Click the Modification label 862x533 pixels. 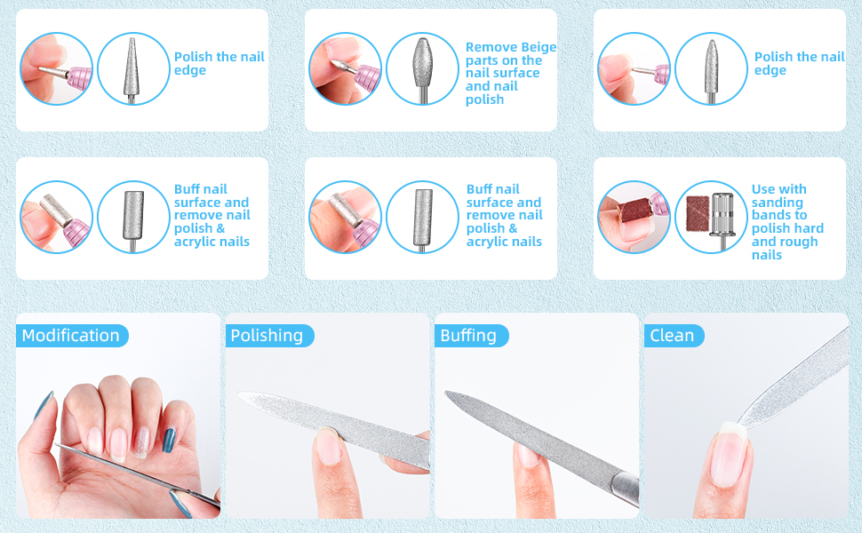pyautogui.click(x=71, y=336)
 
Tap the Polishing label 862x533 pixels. pyautogui.click(x=267, y=336)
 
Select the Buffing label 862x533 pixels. pyautogui.click(x=468, y=336)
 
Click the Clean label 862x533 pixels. pyautogui.click(x=673, y=336)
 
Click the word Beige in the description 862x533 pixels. pyautogui.click(x=537, y=47)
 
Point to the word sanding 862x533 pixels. pyautogui.click(x=777, y=202)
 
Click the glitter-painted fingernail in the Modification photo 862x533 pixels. pyautogui.click(x=140, y=441)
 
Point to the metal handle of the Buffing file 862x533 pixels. pyautogui.click(x=622, y=488)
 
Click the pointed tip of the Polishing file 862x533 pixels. pyautogui.click(x=243, y=395)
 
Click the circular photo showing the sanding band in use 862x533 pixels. pyautogui.click(x=634, y=217)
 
